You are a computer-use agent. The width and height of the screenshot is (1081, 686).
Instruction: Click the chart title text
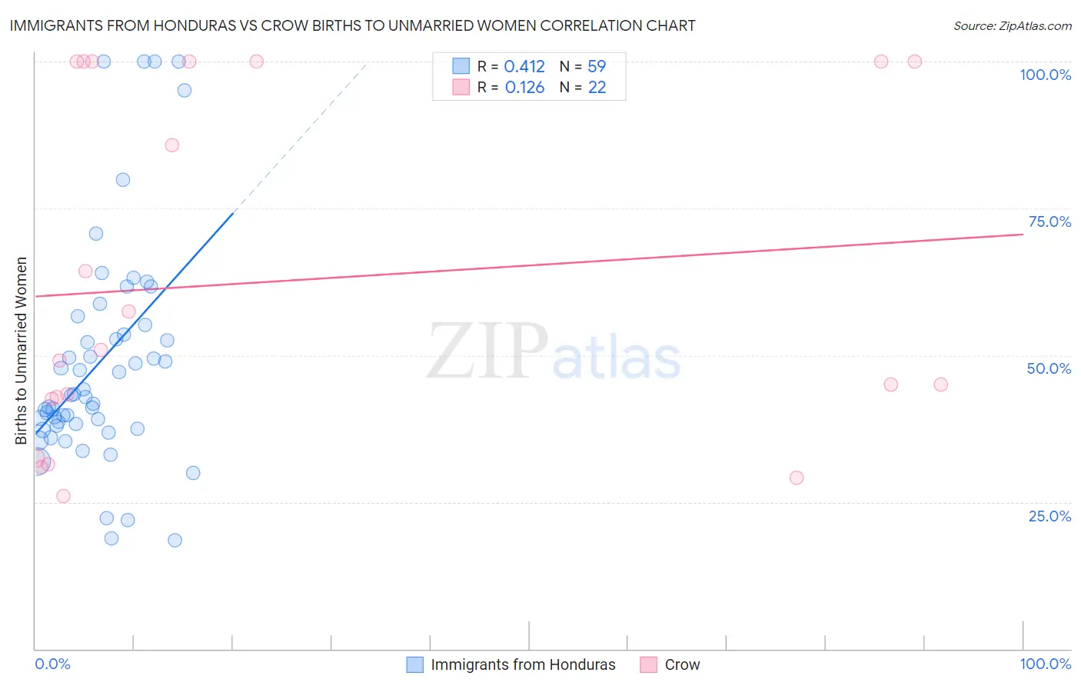(x=352, y=25)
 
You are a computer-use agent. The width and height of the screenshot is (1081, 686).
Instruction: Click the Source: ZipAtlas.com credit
(x=1012, y=25)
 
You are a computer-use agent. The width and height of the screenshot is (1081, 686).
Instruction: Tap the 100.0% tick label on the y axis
(x=1045, y=75)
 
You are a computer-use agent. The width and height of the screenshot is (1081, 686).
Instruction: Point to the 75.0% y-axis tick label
(x=1049, y=221)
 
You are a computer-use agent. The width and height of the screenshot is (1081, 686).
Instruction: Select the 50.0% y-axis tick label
(x=1049, y=368)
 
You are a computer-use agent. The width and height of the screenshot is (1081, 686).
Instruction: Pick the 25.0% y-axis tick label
(x=1049, y=515)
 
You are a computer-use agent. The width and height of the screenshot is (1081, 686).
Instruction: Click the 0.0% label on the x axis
(x=52, y=664)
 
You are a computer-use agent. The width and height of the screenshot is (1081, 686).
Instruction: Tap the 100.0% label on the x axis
(x=1045, y=664)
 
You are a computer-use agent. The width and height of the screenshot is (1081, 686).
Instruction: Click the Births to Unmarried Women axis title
(x=22, y=351)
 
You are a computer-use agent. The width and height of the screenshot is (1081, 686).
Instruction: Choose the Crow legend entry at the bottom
(x=682, y=664)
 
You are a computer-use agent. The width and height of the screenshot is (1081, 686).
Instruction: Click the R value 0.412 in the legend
(x=524, y=67)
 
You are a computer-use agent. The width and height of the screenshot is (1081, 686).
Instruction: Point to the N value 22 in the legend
(x=597, y=88)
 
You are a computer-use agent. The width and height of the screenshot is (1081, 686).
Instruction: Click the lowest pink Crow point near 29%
(x=797, y=478)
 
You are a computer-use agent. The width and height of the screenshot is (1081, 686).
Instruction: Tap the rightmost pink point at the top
(x=915, y=62)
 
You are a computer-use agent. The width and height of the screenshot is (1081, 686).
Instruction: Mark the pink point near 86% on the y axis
(x=172, y=145)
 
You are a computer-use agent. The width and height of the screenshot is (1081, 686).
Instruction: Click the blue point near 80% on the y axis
(x=123, y=180)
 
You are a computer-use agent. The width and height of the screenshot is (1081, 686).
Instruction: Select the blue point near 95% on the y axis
(x=185, y=90)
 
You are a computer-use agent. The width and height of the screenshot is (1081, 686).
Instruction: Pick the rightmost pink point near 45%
(x=940, y=385)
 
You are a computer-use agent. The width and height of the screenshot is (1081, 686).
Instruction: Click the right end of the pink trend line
(x=1023, y=234)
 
